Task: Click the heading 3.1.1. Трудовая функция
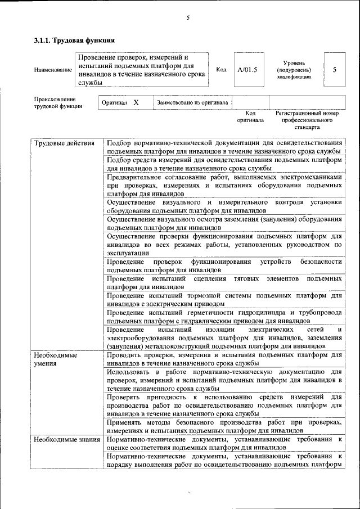75,40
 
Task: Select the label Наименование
53,70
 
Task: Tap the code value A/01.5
247,70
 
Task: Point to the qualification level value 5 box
335,70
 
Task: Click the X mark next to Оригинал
136,103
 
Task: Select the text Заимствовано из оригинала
192,103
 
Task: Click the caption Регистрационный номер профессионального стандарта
307,120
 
